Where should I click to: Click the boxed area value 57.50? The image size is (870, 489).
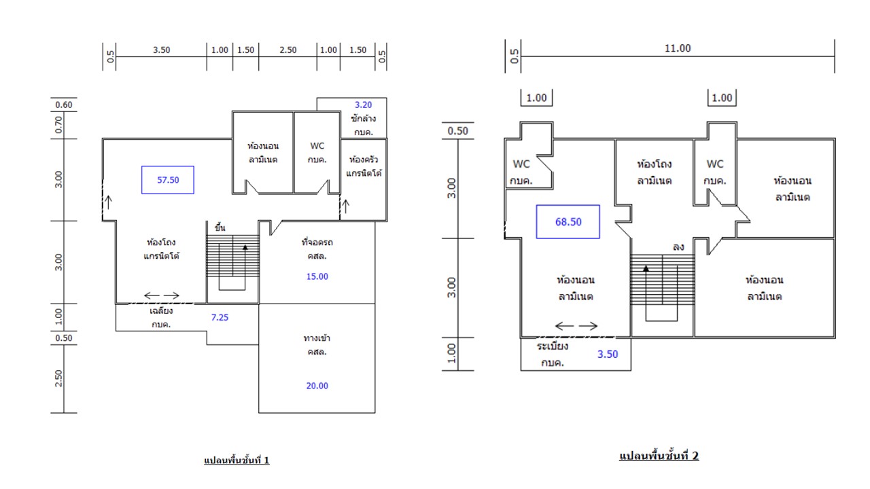(x=168, y=180)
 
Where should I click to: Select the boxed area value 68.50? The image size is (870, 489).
(x=568, y=222)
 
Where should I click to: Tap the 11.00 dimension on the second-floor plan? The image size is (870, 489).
(x=678, y=48)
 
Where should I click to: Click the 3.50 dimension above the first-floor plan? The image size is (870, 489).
(x=161, y=50)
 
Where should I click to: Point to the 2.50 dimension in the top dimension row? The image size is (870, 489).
(x=288, y=50)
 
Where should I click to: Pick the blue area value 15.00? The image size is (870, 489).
(x=317, y=276)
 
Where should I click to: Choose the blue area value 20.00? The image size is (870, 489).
(x=317, y=386)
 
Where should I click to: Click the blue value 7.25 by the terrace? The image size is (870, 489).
(x=220, y=317)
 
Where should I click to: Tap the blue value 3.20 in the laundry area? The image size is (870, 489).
(x=363, y=105)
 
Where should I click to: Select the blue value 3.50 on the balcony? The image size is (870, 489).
(x=608, y=355)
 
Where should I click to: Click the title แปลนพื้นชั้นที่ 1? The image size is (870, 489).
(x=237, y=460)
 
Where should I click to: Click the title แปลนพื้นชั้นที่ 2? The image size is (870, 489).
(x=659, y=456)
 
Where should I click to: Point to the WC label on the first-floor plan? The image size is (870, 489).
(x=317, y=146)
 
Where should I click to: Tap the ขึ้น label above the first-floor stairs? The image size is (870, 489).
(x=220, y=228)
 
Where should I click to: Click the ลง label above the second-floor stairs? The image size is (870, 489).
(x=678, y=247)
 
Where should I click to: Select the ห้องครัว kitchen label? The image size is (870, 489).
(x=364, y=160)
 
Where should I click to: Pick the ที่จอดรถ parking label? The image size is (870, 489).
(x=317, y=242)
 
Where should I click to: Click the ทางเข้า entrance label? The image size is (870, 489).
(x=317, y=338)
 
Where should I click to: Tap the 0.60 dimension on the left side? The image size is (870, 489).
(x=64, y=105)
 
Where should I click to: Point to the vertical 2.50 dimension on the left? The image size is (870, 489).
(x=58, y=378)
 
